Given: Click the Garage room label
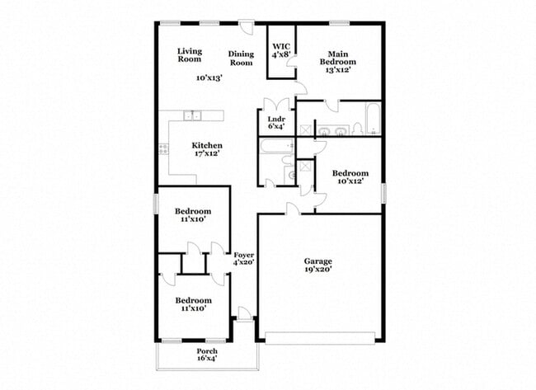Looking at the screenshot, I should [x=317, y=261].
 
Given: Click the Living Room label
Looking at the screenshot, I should [x=190, y=54].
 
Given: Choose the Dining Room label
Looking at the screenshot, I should [x=241, y=58].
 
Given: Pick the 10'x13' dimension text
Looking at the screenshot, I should [x=209, y=78].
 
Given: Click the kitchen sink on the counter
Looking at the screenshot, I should [x=191, y=115].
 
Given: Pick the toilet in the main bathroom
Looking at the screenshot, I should [x=356, y=129].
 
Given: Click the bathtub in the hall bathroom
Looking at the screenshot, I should [x=275, y=147].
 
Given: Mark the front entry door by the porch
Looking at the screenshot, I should [x=244, y=312].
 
